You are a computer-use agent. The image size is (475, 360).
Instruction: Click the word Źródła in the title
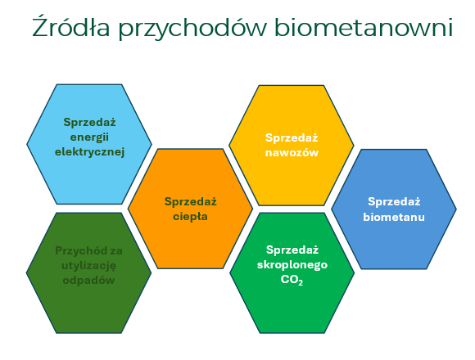[x=70, y=27]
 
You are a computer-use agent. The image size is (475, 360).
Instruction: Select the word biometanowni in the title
[x=364, y=27]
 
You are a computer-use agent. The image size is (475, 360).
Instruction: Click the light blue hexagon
[x=89, y=144]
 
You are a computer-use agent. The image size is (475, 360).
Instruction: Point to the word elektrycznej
[x=89, y=152]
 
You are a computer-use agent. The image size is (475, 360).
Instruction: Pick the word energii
[x=89, y=137]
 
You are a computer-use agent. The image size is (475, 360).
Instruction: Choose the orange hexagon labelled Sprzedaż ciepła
[x=190, y=209]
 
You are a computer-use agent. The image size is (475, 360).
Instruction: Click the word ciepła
[x=190, y=217]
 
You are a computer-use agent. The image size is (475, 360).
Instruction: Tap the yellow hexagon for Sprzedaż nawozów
[x=292, y=146]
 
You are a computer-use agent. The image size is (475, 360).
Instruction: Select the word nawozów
[x=292, y=153]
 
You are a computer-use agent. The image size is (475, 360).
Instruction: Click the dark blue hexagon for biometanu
[x=394, y=209]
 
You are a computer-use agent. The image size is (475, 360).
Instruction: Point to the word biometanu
[x=394, y=217]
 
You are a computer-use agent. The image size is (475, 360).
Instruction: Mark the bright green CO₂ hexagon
[x=292, y=273]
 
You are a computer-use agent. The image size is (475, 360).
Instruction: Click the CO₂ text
[x=292, y=280]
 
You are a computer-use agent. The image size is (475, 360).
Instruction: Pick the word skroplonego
[x=292, y=265]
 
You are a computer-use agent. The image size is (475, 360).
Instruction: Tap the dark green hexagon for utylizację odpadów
[x=88, y=273]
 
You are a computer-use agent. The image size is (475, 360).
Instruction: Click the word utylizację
[x=88, y=266]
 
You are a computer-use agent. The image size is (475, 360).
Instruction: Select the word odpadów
[x=88, y=280]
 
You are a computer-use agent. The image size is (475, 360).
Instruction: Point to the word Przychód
[x=77, y=251]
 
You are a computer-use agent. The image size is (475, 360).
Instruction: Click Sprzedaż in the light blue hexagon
[x=89, y=122]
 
